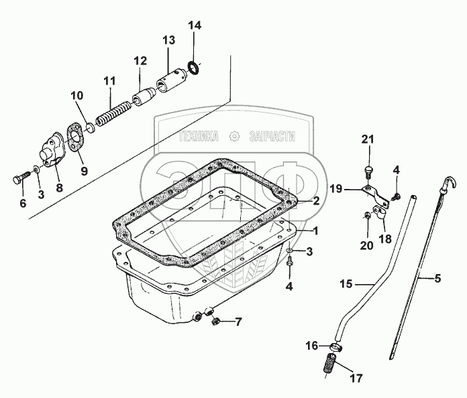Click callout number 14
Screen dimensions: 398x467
tap(194, 27)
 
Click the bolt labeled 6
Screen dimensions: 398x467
tap(19, 178)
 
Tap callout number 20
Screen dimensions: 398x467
tap(366, 246)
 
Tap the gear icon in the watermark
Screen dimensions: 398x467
tap(234, 136)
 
